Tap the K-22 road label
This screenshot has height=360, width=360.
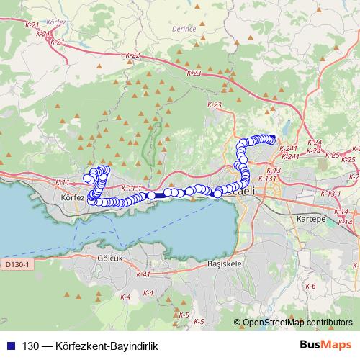coord(132,55)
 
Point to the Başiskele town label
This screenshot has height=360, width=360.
coord(222,264)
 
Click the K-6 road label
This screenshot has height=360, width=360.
coord(311,286)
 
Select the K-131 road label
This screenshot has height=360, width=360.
coord(267,177)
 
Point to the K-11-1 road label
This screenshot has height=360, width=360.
coord(130,188)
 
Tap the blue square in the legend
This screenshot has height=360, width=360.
coord(9,345)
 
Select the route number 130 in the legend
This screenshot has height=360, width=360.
coord(30,345)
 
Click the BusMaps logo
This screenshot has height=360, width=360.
coord(320,344)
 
